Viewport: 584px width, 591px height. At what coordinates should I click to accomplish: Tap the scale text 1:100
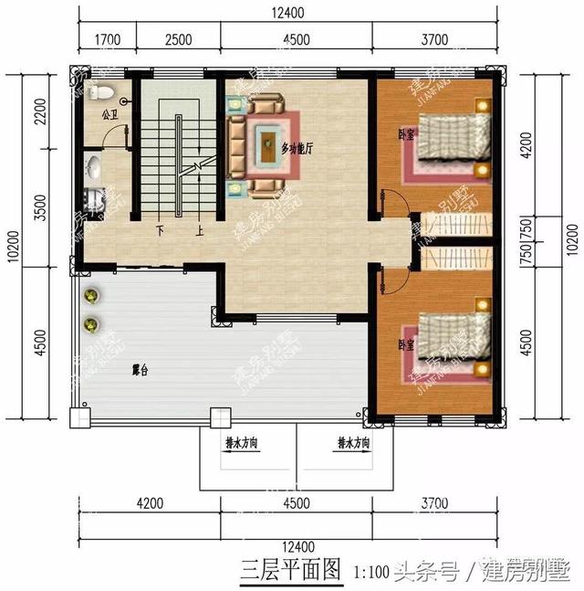[371, 573]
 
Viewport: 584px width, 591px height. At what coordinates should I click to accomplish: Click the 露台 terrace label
[140, 370]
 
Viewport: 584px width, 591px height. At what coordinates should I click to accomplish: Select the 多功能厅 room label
[297, 147]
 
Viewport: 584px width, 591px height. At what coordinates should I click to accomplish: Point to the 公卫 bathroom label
[109, 117]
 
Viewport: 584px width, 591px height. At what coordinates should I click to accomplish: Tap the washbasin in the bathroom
[95, 168]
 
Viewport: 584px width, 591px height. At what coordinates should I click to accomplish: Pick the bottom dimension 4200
[149, 502]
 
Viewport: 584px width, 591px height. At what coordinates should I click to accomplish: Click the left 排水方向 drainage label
[242, 443]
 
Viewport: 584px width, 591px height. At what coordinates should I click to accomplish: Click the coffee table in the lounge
[267, 142]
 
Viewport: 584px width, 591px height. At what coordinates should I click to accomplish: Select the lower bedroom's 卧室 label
[403, 345]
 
